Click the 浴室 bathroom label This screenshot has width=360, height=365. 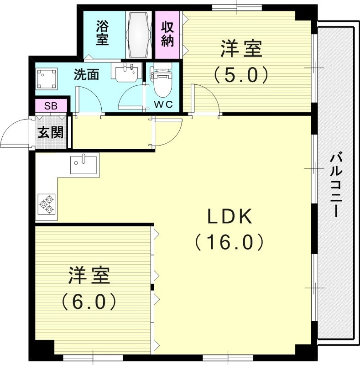pos(102,32)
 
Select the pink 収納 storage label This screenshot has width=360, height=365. pos(167,33)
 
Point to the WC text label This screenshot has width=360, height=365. pos(163,104)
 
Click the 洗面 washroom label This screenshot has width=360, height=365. pos(87,74)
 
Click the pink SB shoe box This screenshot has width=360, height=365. pos(50,106)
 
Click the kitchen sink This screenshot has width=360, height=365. pos(84,164)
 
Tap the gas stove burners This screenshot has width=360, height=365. pos(47,204)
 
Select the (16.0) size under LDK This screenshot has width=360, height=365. pos(230,242)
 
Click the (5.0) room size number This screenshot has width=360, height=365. pos(241,74)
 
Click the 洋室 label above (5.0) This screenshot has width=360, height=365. pos(241,49)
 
